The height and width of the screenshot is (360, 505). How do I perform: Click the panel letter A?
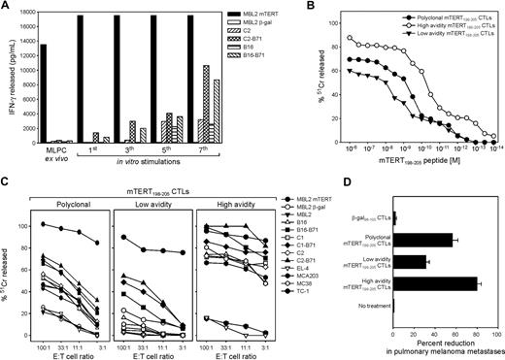click(x=7, y=8)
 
